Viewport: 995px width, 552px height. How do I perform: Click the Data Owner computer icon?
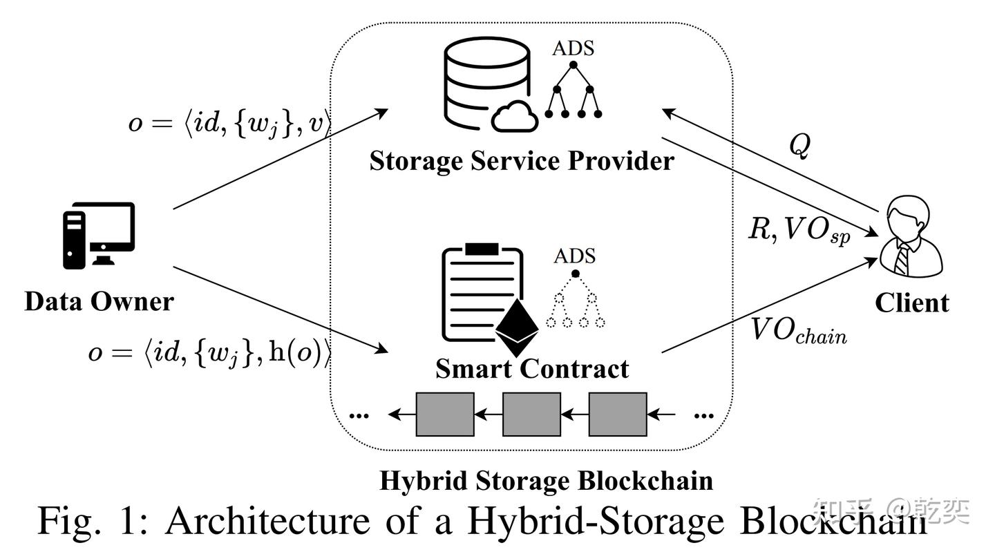click(99, 236)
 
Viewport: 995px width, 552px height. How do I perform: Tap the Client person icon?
click(911, 236)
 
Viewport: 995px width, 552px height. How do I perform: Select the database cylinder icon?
click(488, 84)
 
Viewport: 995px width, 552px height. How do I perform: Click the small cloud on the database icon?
click(515, 116)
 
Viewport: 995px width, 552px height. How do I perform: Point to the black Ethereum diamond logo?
click(517, 327)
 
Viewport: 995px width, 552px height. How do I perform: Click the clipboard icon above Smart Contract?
click(483, 292)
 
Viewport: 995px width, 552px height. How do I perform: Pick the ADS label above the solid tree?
click(573, 48)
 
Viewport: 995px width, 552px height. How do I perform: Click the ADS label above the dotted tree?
click(574, 256)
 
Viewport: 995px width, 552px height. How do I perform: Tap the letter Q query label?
click(799, 146)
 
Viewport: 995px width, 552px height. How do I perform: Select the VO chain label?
click(799, 332)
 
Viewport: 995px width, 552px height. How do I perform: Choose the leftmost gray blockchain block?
click(445, 415)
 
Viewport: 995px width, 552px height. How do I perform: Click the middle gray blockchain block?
click(532, 415)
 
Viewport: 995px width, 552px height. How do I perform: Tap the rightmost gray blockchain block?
click(618, 415)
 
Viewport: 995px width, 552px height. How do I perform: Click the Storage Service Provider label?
click(522, 161)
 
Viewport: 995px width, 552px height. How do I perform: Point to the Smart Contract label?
click(532, 369)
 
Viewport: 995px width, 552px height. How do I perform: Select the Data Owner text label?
click(99, 301)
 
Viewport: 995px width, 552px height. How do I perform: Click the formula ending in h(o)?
click(209, 353)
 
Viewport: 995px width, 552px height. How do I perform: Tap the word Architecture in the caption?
click(268, 521)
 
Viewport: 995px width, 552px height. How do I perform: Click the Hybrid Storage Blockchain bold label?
click(547, 481)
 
